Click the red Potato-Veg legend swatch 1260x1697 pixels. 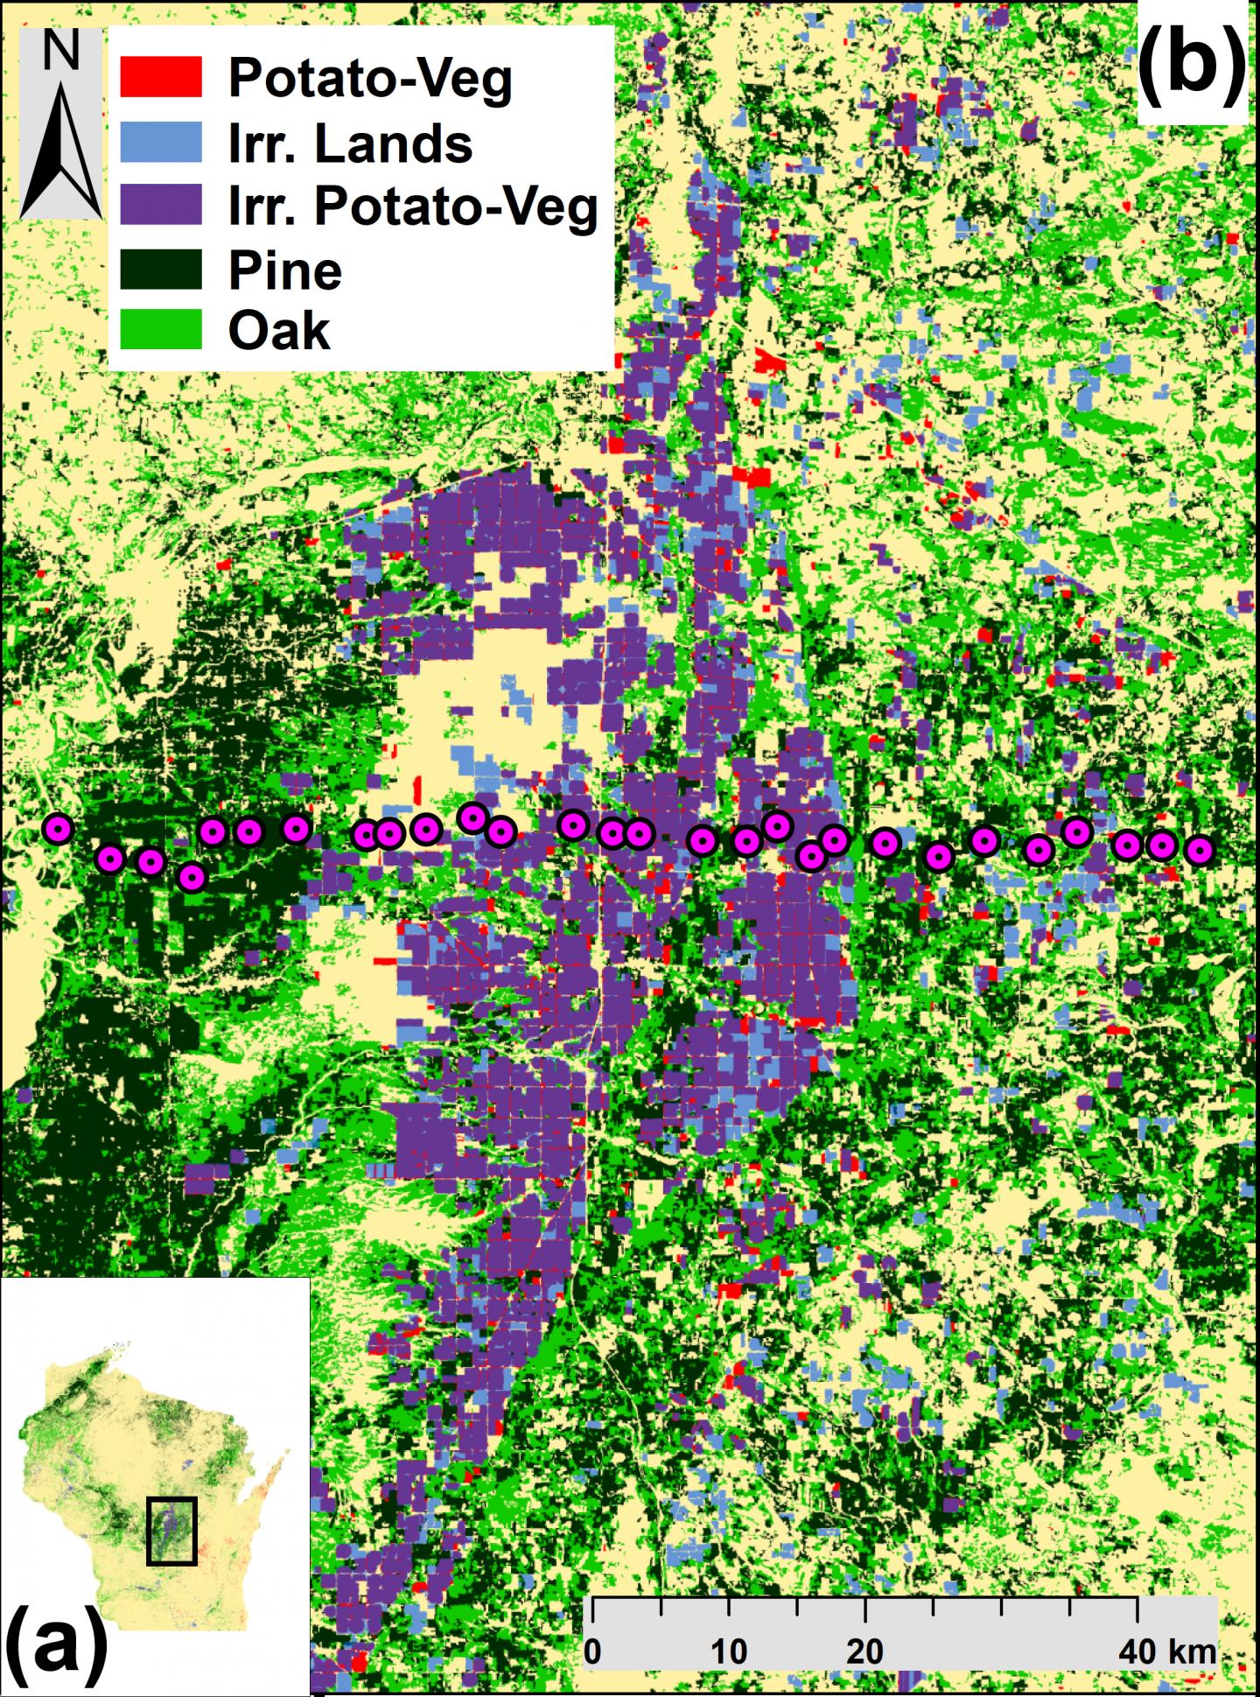pos(161,77)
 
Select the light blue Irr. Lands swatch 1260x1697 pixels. pos(161,142)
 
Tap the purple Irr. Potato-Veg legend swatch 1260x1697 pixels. pos(161,205)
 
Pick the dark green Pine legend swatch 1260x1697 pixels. pos(161,270)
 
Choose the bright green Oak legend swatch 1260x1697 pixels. pos(161,330)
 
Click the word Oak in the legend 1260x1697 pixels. pos(279,331)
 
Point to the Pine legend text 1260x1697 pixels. pos(284,270)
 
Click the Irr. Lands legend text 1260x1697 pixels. pos(350,144)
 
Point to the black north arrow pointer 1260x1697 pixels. pos(61,158)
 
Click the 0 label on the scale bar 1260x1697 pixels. pos(592,1651)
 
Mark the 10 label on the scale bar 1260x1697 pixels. pos(728,1651)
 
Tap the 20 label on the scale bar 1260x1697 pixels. pos(864,1651)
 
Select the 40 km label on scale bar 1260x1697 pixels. pos(1165,1651)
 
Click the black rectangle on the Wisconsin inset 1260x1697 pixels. pos(171,1531)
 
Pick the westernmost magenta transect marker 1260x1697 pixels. pos(58,829)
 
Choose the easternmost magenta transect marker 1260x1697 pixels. pos(1200,849)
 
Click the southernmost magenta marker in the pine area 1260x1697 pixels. pos(192,876)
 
